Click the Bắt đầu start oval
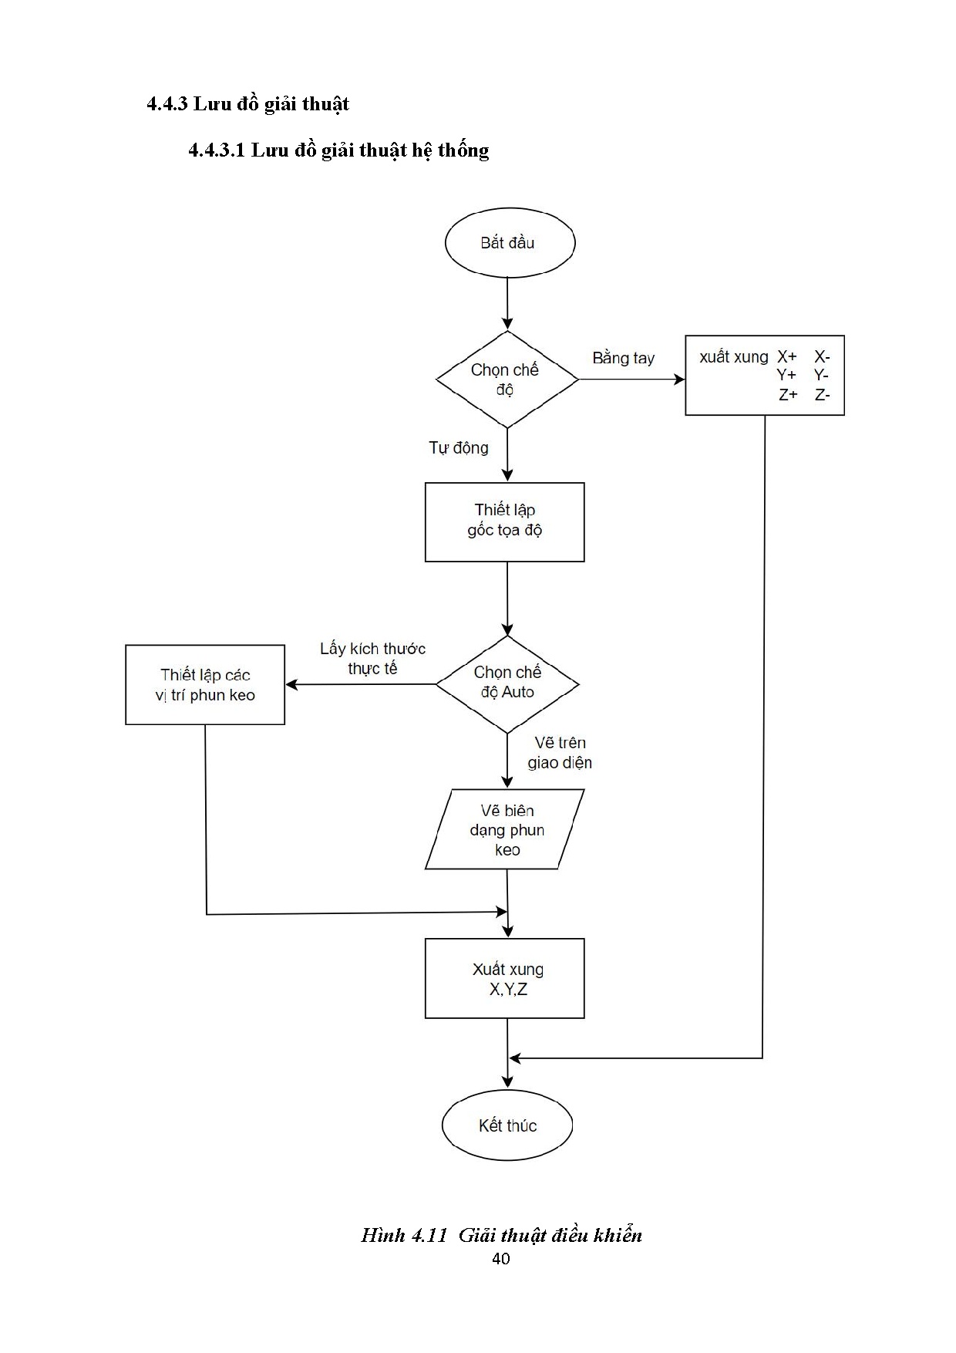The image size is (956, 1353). coord(510,243)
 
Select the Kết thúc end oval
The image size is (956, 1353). coord(507,1125)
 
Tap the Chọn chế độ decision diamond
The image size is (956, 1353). coord(507,380)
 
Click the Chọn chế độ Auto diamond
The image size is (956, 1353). coord(507,683)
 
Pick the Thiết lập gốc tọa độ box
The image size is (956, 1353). coord(505,522)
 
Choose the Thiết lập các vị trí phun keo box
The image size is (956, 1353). coord(205,685)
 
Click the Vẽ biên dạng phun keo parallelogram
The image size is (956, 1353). coord(506,829)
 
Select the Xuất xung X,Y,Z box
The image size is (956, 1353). coord(505,978)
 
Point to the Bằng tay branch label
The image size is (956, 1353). coord(623,359)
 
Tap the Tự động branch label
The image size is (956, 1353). coord(459,448)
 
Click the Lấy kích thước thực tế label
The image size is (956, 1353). coord(372,659)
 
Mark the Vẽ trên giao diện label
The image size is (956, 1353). coord(560,753)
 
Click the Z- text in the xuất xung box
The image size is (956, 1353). coord(822,395)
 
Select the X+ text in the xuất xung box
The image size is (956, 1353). coord(786,356)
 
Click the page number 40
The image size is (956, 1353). coord(500,1259)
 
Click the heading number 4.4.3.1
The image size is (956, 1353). coord(217,150)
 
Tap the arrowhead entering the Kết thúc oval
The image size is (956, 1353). coord(507,1081)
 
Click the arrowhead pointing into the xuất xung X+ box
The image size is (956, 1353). coord(679,379)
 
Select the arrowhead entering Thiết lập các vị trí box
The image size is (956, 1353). coord(291,684)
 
